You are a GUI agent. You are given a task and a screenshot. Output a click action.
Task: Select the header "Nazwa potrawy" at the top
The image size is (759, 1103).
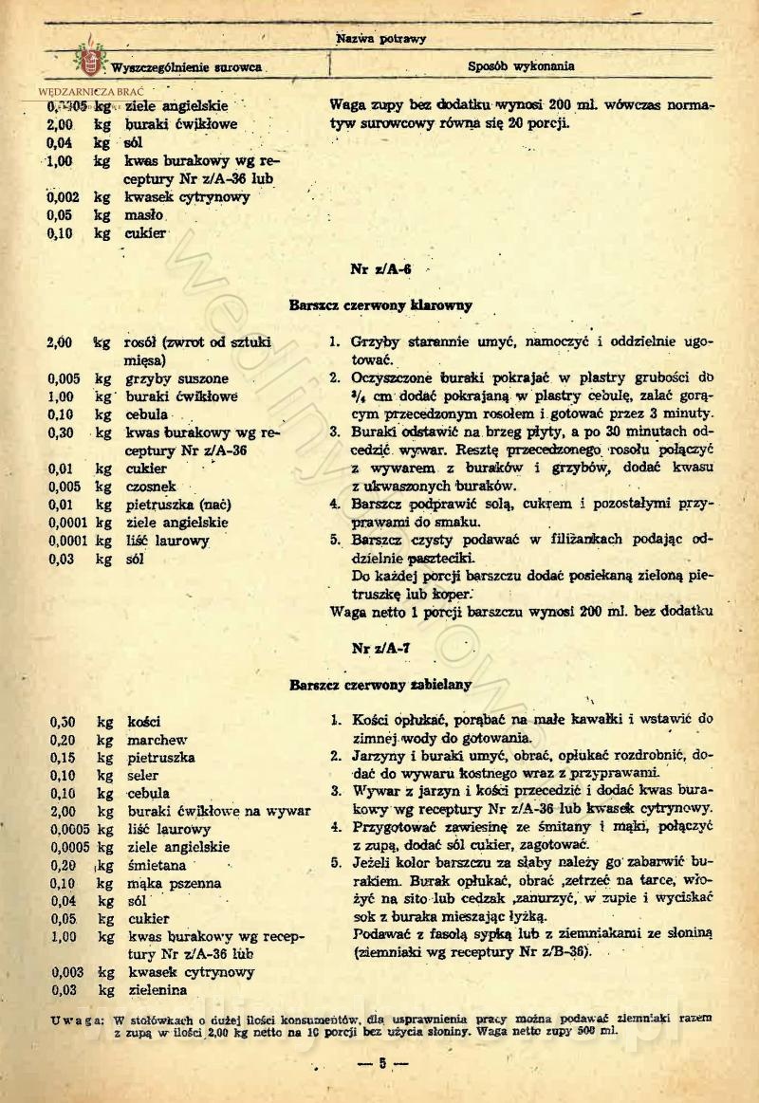(380, 39)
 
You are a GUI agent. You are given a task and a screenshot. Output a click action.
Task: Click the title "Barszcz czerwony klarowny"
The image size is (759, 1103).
(380, 305)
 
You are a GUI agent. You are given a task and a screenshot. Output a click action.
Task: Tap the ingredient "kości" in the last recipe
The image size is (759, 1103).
(144, 722)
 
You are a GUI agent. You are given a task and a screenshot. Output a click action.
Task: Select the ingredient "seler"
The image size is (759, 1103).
(144, 775)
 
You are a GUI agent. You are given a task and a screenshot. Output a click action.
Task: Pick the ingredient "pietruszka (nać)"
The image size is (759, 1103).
(179, 504)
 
